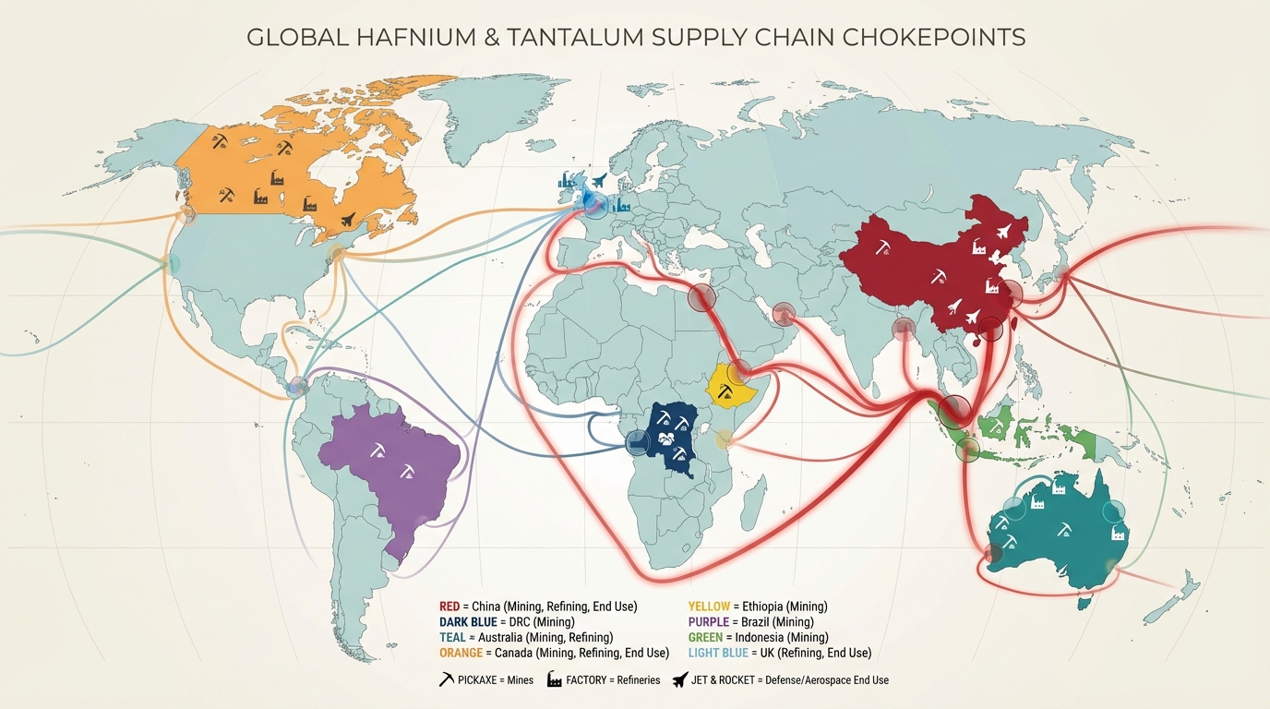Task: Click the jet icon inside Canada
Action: click(x=348, y=220)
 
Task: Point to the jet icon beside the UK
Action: click(x=600, y=180)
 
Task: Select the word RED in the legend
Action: click(x=450, y=607)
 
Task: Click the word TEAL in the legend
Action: click(x=453, y=637)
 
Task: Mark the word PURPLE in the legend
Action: click(x=709, y=622)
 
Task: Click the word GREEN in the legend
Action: click(x=706, y=637)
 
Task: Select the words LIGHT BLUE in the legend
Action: click(x=721, y=653)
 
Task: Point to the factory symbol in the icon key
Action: click(x=555, y=680)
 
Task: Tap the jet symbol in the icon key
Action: click(x=681, y=680)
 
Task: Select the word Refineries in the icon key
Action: click(x=638, y=680)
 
